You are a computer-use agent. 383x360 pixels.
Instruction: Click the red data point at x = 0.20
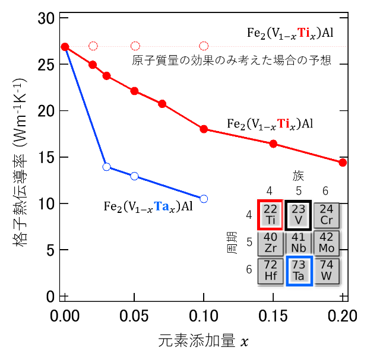pyautogui.click(x=343, y=163)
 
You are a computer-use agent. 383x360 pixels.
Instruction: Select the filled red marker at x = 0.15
pyautogui.click(x=273, y=144)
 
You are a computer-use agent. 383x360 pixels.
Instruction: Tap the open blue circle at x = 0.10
pyautogui.click(x=204, y=199)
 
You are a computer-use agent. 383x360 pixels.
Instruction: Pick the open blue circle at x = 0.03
pyautogui.click(x=106, y=167)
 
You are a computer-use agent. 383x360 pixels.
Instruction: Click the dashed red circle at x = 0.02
pyautogui.click(x=93, y=46)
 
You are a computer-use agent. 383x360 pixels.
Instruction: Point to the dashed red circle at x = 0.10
pyautogui.click(x=204, y=46)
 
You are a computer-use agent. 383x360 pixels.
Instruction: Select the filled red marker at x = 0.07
pyautogui.click(x=162, y=104)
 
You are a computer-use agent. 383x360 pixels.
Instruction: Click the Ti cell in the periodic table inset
pyautogui.click(x=270, y=215)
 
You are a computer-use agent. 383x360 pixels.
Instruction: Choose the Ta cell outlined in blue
pyautogui.click(x=299, y=270)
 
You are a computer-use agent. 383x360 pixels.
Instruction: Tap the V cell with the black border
pyautogui.click(x=299, y=215)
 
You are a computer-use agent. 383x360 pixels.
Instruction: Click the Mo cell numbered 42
pyautogui.click(x=327, y=243)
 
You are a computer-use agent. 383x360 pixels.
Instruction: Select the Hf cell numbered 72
pyautogui.click(x=270, y=271)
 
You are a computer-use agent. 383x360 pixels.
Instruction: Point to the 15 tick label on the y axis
pyautogui.click(x=46, y=157)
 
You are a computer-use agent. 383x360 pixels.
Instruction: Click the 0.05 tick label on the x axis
pyautogui.click(x=134, y=316)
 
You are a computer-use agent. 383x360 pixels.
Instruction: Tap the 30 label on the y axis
pyautogui.click(x=46, y=18)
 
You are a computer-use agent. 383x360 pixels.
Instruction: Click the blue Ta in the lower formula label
pyautogui.click(x=162, y=206)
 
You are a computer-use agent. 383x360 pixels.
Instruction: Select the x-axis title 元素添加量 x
pyautogui.click(x=203, y=341)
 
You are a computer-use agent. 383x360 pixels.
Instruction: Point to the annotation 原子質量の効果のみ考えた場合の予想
pyautogui.click(x=232, y=60)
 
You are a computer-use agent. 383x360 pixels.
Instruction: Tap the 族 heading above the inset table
pyautogui.click(x=298, y=176)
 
